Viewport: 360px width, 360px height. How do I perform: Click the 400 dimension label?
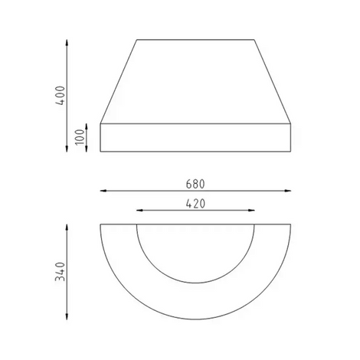pyautogui.click(x=61, y=96)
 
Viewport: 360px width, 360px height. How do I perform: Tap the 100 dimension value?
pyautogui.click(x=80, y=137)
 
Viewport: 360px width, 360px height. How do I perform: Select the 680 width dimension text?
pyautogui.click(x=195, y=184)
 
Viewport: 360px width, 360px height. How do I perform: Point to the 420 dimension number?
pyautogui.click(x=195, y=204)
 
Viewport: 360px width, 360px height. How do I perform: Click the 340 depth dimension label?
pyautogui.click(x=61, y=271)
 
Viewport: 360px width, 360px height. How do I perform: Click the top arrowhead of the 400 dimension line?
pyautogui.click(x=67, y=42)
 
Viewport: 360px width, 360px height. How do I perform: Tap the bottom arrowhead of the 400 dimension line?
pyautogui.click(x=67, y=149)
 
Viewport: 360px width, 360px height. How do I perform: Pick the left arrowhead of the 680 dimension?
pyautogui.click(x=103, y=191)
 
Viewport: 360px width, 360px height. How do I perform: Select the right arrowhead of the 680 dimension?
pyautogui.click(x=288, y=191)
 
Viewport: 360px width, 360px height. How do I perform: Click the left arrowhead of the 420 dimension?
pyautogui.click(x=139, y=211)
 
